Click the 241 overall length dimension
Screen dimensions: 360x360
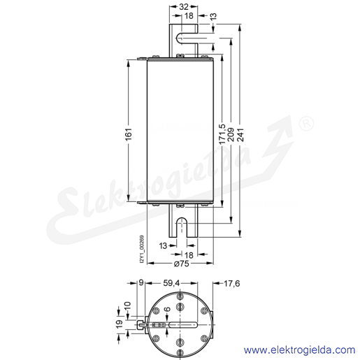click(240, 134)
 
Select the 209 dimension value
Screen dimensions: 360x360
click(231, 134)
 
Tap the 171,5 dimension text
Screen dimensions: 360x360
click(222, 134)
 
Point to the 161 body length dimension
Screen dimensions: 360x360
click(129, 134)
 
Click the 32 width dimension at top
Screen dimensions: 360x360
click(183, 7)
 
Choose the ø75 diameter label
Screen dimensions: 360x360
click(182, 264)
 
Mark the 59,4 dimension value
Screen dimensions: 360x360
click(171, 283)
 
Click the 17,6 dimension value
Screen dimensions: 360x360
click(231, 283)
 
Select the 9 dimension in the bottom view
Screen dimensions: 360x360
click(141, 283)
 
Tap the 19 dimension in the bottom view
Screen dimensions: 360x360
click(120, 324)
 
